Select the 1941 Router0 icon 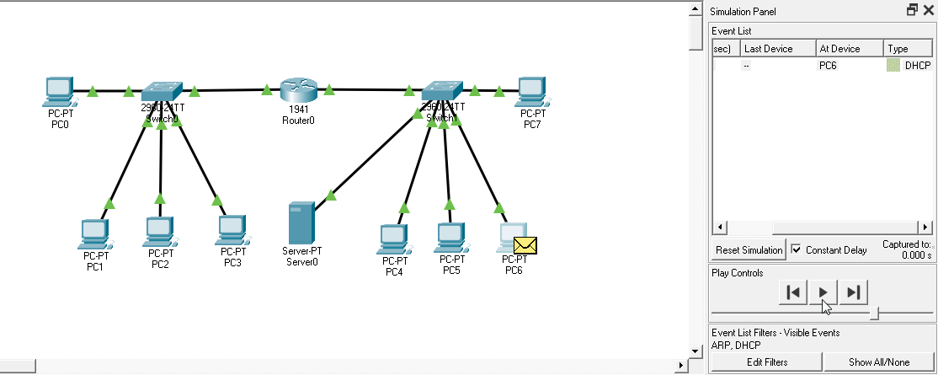297,89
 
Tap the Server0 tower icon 301,222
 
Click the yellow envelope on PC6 525,245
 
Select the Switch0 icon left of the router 161,91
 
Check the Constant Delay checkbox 797,250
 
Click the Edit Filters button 767,362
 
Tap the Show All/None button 879,362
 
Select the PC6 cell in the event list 829,65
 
